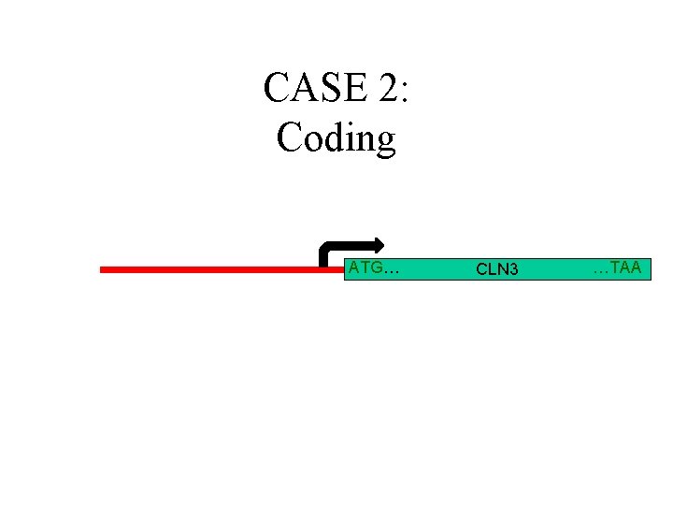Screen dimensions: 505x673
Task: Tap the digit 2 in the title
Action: (388, 88)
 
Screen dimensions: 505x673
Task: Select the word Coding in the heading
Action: (336, 138)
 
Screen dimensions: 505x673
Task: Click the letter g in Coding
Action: (385, 142)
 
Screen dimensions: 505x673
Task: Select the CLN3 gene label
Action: (497, 269)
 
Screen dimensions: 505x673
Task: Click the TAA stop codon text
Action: (627, 268)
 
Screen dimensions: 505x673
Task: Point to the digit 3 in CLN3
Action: (513, 269)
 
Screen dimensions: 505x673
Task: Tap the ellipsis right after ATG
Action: (393, 271)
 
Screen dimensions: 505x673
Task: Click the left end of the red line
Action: (103, 269)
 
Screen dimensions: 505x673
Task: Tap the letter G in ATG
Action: (378, 268)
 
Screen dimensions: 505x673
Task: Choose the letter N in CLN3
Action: (503, 269)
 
